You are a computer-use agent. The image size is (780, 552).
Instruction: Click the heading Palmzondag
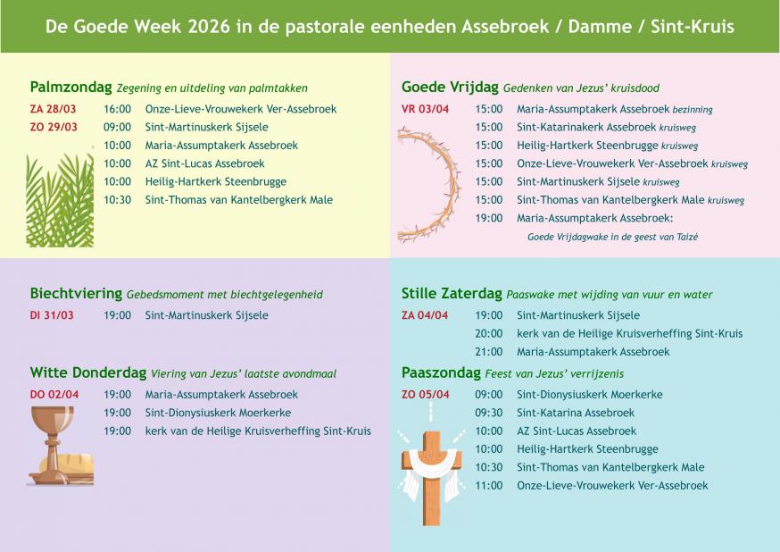(x=71, y=88)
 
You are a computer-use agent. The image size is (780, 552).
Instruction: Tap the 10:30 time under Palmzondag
(x=117, y=200)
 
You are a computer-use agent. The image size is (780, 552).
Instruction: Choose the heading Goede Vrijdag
(x=450, y=88)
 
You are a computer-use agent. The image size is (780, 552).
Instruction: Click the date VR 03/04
(x=425, y=109)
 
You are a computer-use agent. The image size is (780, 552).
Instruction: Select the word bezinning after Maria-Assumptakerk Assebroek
(x=693, y=110)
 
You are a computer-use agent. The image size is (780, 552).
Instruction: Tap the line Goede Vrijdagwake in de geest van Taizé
(x=612, y=237)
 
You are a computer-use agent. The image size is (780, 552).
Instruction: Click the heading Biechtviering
(x=76, y=293)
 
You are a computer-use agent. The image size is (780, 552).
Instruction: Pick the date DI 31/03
(x=52, y=315)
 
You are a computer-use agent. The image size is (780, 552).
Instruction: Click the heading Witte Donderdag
(x=88, y=372)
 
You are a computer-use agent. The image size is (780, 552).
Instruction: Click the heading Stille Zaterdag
(x=452, y=293)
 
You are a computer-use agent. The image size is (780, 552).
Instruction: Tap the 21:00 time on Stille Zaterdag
(x=489, y=352)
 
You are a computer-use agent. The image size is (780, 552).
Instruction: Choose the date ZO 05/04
(x=425, y=395)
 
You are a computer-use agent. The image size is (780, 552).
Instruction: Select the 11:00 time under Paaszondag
(x=489, y=486)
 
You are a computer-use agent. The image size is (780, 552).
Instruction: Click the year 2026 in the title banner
(x=212, y=27)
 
